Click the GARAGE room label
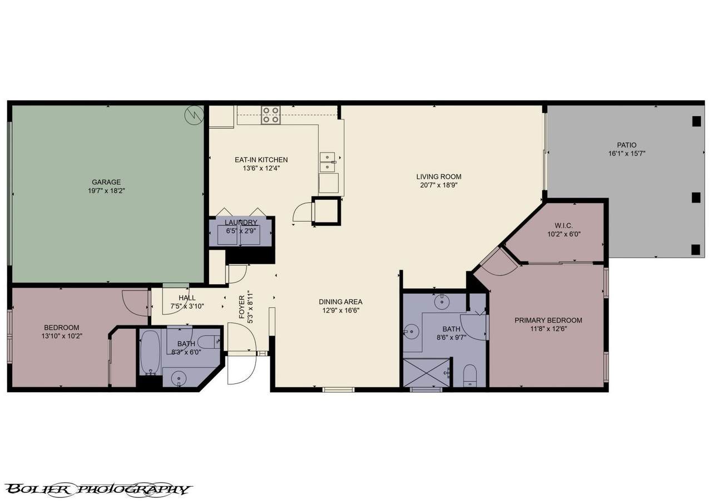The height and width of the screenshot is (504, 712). [x=106, y=182]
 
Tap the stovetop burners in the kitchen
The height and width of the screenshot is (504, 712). [x=271, y=115]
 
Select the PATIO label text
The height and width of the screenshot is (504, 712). [x=627, y=145]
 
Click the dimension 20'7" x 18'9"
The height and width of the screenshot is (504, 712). [x=439, y=185]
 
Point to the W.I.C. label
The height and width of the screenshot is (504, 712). [x=564, y=226]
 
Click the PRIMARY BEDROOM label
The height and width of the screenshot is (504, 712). [x=548, y=320]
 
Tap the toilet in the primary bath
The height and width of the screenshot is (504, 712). [x=470, y=375]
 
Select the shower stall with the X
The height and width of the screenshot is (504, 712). [x=427, y=373]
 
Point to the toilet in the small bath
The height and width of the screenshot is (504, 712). [x=209, y=342]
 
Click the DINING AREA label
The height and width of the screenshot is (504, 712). [x=340, y=302]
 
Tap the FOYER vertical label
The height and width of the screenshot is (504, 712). [x=242, y=307]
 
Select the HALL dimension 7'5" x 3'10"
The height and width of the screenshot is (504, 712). [x=187, y=307]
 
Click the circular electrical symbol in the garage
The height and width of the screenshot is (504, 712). [x=194, y=115]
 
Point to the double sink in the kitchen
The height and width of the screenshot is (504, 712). [x=328, y=162]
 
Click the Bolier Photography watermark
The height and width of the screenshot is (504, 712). [x=99, y=490]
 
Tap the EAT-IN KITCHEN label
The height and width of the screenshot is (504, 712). [x=261, y=160]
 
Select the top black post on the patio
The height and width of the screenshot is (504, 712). [x=696, y=121]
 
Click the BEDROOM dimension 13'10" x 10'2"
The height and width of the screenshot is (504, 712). [x=62, y=336]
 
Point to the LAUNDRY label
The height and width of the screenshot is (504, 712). [x=241, y=223]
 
